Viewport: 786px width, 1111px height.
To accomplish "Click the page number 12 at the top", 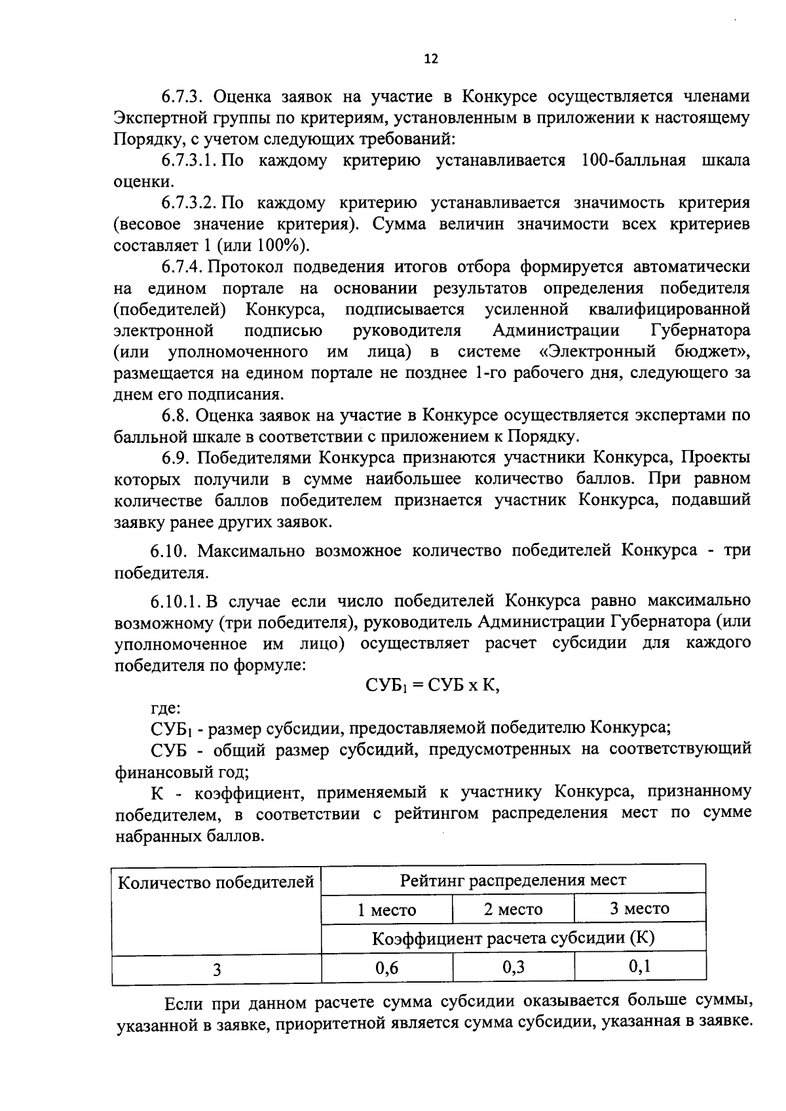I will tap(430, 59).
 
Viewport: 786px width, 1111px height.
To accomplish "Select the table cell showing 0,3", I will tap(514, 968).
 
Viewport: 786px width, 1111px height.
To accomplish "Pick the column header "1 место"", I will tap(386, 910).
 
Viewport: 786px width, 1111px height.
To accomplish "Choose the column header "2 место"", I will tap(513, 909).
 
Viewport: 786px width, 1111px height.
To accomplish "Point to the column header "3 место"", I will tap(639, 909).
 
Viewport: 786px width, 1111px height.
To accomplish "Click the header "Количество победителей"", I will tap(216, 882).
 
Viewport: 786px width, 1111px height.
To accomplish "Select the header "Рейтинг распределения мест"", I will tap(513, 880).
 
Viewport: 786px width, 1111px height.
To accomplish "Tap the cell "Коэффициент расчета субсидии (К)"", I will tap(513, 938).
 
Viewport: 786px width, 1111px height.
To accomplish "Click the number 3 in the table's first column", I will tap(216, 969).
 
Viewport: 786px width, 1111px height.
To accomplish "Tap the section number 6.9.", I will tap(176, 458).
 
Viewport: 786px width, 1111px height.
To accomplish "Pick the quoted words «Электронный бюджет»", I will tap(643, 352).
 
